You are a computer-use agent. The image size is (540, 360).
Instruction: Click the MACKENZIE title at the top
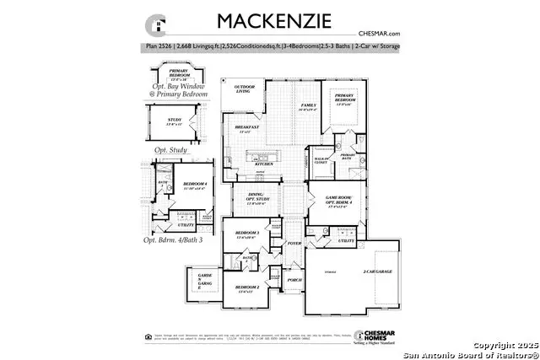pyautogui.click(x=264, y=20)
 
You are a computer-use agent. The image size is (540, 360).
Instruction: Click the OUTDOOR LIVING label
pyautogui.click(x=245, y=89)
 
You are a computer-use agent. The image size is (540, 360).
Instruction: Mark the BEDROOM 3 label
pyautogui.click(x=246, y=233)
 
